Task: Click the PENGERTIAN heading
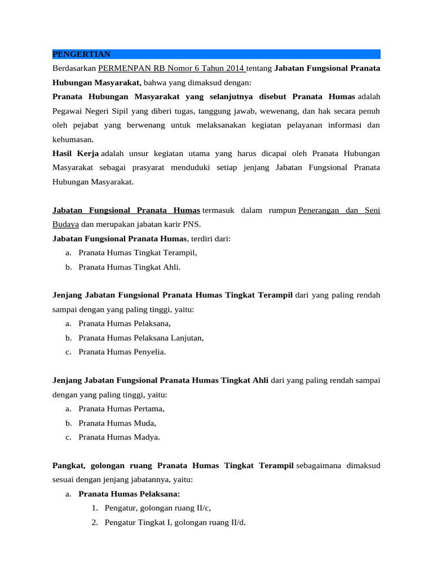tap(81, 54)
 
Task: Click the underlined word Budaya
tap(65, 224)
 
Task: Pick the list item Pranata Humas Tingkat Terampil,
tap(138, 253)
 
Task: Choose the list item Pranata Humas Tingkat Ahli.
tap(130, 267)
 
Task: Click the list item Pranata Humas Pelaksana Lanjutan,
tap(141, 338)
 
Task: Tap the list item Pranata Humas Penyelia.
tap(122, 352)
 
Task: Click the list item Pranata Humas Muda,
tap(117, 423)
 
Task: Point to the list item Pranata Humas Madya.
tap(119, 437)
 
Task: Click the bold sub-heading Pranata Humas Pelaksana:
tap(129, 494)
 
